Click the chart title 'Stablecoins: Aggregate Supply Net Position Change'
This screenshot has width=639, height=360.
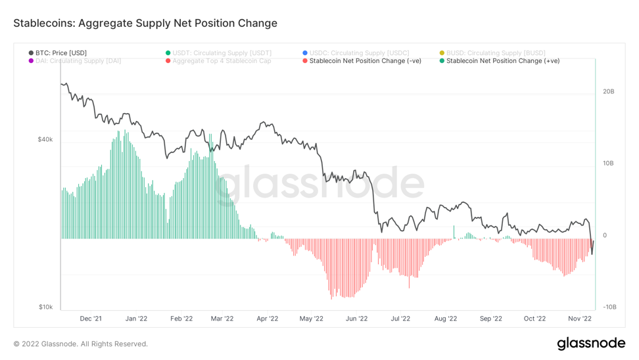coord(145,24)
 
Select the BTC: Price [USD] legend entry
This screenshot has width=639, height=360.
coord(60,53)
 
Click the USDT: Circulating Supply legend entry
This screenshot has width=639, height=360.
coord(221,53)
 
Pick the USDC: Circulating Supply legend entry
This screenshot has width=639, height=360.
coord(358,53)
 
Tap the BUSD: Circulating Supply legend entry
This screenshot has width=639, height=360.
coord(495,53)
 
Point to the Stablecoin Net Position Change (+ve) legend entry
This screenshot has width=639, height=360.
coord(502,61)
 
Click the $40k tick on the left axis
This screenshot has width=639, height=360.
coord(45,139)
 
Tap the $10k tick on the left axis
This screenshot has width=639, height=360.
coord(45,307)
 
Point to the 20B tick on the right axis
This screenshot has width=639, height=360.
coord(608,92)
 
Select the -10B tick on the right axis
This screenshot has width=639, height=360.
coord(609,307)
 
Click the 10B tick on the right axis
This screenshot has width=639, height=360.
coord(608,164)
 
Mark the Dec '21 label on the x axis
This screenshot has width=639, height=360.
coord(91,319)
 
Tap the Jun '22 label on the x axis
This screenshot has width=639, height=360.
coord(356,319)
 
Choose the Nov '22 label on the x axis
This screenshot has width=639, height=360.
coord(580,319)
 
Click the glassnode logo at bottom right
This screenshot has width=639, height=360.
coord(590,344)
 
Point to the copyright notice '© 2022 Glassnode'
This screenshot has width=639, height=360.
coord(80,344)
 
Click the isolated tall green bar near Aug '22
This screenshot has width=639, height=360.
coord(454,232)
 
